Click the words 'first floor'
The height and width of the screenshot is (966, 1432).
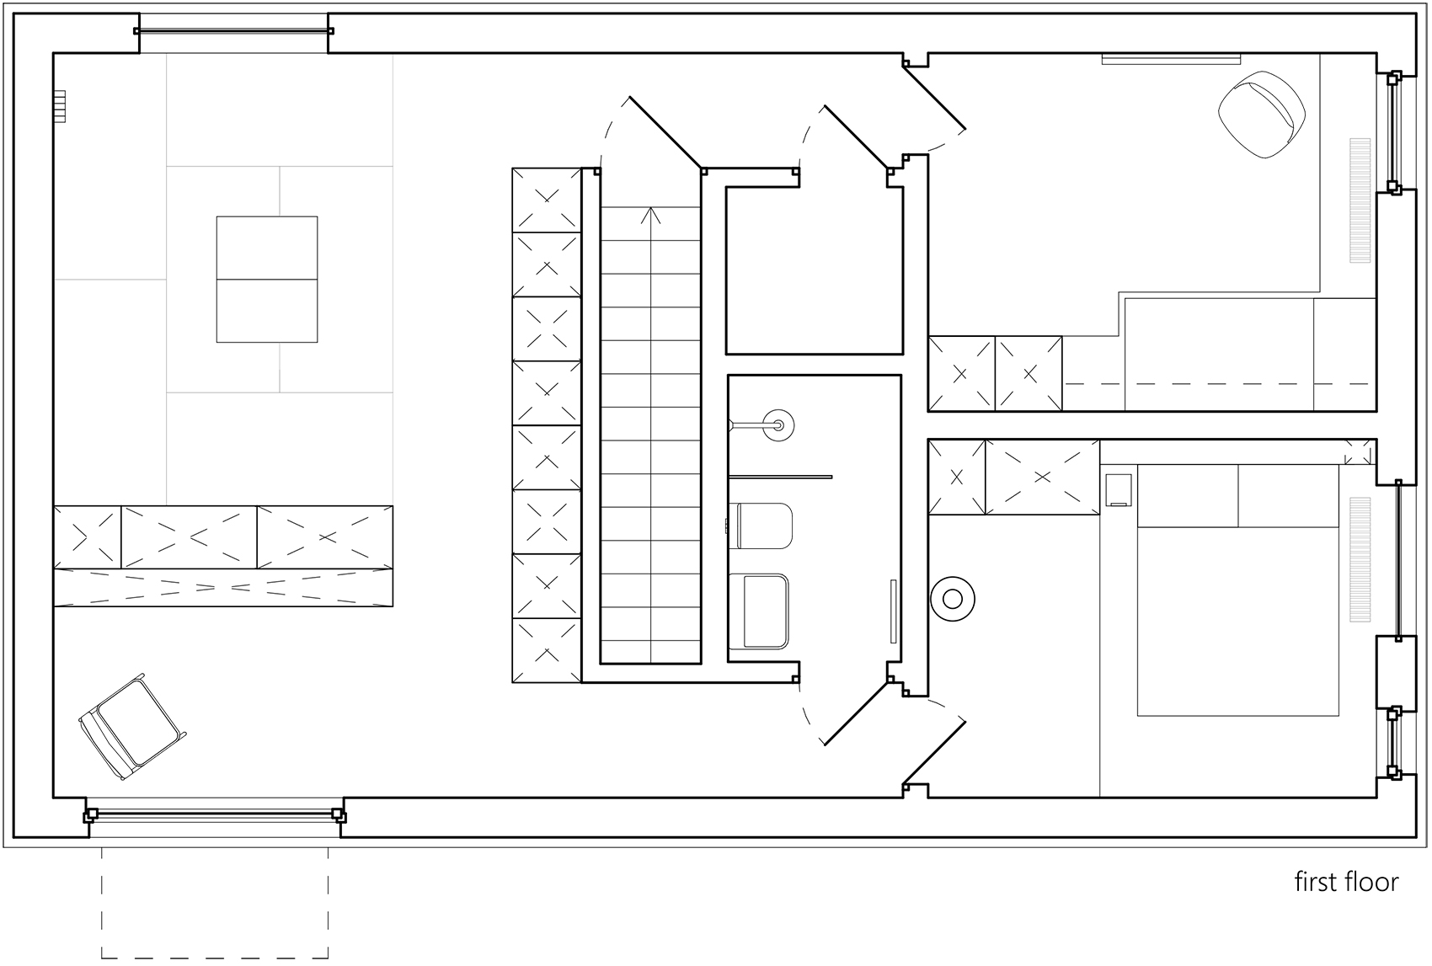click(1345, 882)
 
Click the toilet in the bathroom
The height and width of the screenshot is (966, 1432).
click(764, 526)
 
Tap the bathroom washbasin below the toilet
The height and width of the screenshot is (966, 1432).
click(760, 611)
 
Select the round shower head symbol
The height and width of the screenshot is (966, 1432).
click(777, 425)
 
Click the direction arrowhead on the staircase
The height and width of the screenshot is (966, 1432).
click(649, 214)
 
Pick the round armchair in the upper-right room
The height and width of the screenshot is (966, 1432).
click(1261, 115)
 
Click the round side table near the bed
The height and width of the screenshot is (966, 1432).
click(953, 599)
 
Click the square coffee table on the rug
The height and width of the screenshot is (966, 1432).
click(267, 279)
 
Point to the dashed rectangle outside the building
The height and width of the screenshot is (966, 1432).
click(215, 903)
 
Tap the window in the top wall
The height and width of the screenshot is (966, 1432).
click(233, 32)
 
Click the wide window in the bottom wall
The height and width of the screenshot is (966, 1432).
click(215, 814)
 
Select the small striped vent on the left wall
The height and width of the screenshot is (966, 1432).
click(59, 106)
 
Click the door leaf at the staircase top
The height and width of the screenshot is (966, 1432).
click(665, 132)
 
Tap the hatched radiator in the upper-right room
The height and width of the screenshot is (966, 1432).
click(1360, 200)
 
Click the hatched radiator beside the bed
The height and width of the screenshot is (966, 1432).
click(1360, 559)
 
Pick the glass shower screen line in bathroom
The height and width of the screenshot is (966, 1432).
click(780, 477)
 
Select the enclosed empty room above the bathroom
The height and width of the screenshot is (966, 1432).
click(814, 270)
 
